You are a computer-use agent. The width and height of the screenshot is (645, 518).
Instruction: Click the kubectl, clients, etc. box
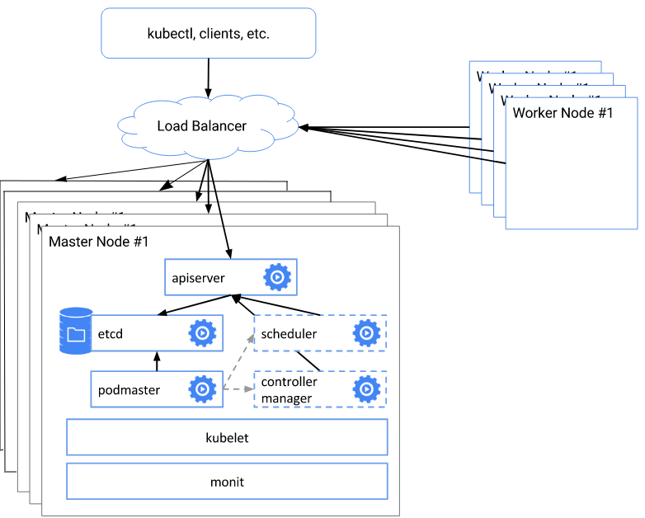pyautogui.click(x=208, y=34)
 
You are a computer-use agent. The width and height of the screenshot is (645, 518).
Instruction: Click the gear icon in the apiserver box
pyautogui.click(x=277, y=278)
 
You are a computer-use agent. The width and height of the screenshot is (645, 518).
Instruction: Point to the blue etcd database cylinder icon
pyautogui.click(x=76, y=332)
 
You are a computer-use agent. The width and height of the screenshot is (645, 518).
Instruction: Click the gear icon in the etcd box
pyautogui.click(x=202, y=333)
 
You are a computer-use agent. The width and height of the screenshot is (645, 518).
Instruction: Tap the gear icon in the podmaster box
pyautogui.click(x=202, y=389)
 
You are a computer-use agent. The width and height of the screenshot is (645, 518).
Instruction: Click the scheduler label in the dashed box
pyautogui.click(x=289, y=334)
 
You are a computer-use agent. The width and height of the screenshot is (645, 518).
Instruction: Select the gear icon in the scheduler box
pyautogui.click(x=366, y=333)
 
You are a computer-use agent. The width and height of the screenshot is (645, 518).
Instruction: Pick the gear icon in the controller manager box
pyautogui.click(x=366, y=389)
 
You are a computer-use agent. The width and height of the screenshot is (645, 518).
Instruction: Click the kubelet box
pyautogui.click(x=226, y=437)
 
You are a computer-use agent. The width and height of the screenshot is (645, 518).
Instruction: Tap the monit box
pyautogui.click(x=226, y=482)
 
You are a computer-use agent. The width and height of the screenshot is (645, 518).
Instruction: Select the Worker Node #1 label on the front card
pyautogui.click(x=563, y=113)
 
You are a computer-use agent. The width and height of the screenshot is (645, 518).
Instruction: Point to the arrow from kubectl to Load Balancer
pyautogui.click(x=207, y=78)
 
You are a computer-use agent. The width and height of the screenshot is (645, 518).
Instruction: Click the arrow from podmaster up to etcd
pyautogui.click(x=156, y=360)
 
